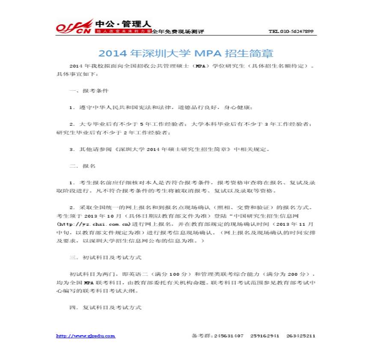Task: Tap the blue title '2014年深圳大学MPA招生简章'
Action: pos(186,53)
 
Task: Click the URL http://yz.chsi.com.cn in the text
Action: pos(93,224)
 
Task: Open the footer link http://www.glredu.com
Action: pos(86,336)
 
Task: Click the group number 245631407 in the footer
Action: pos(229,336)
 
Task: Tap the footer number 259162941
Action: pos(265,336)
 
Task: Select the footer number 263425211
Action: pos(301,336)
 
